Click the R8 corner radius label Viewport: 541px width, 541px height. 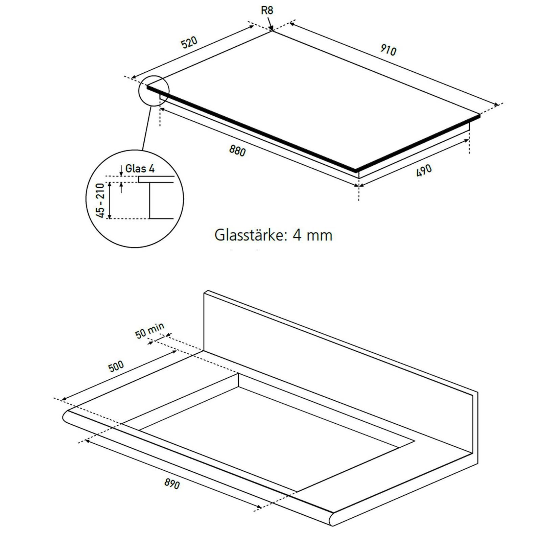tap(267, 10)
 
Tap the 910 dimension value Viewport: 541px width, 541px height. tap(387, 50)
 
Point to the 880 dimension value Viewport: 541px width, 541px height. tap(237, 150)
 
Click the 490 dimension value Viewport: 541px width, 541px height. tap(424, 170)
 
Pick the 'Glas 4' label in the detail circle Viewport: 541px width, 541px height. tap(140, 168)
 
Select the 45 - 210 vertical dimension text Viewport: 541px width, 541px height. tap(101, 200)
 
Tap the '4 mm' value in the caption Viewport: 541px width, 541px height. tap(312, 235)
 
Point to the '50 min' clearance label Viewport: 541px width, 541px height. tap(150, 330)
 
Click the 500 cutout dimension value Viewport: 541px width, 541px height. tap(116, 366)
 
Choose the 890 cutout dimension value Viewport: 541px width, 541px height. tap(172, 484)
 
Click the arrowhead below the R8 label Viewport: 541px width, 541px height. tap(271, 28)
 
